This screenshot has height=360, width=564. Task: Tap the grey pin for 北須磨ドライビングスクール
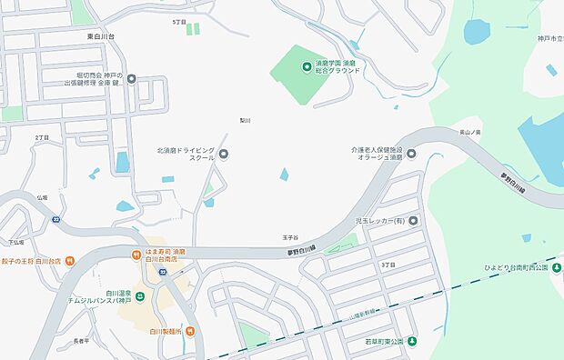pyautogui.click(x=224, y=154)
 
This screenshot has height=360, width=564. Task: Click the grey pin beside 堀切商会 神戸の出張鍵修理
pyautogui.click(x=131, y=79)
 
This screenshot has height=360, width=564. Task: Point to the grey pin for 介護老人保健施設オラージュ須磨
pyautogui.click(x=410, y=154)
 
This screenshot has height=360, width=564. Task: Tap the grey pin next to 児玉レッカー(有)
pyautogui.click(x=414, y=220)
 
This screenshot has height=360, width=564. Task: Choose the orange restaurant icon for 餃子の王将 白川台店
pyautogui.click(x=69, y=261)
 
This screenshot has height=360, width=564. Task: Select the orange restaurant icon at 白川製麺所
pyautogui.click(x=189, y=332)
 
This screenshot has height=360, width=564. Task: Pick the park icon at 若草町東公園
pyautogui.click(x=411, y=342)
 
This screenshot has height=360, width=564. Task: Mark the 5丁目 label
pyautogui.click(x=178, y=21)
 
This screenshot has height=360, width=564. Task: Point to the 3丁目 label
pyautogui.click(x=388, y=264)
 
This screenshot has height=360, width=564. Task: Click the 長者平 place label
pyautogui.click(x=79, y=341)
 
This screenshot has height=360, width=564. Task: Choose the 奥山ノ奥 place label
pyautogui.click(x=470, y=132)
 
